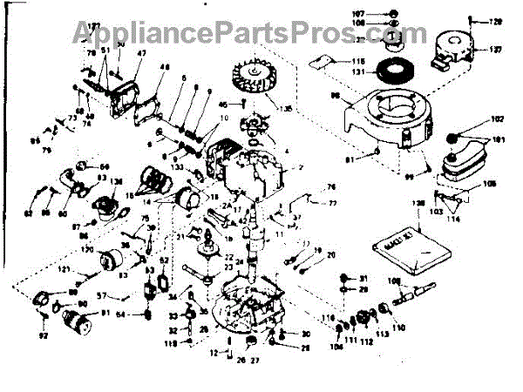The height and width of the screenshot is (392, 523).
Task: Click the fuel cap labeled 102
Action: click(x=453, y=138)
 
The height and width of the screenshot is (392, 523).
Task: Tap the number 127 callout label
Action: click(x=495, y=51)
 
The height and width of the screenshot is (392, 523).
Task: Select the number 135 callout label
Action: click(x=284, y=109)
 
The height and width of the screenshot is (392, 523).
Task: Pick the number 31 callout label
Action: click(x=364, y=278)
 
